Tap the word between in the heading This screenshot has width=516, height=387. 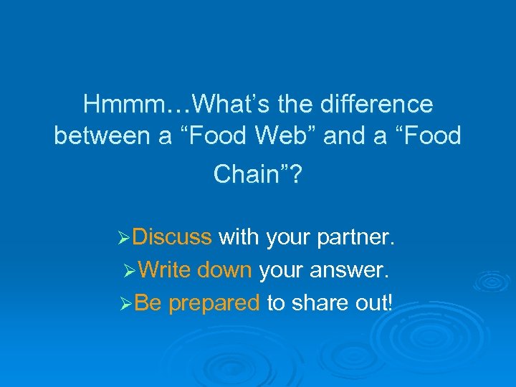(x=100, y=135)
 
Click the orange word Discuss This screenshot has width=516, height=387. (x=172, y=236)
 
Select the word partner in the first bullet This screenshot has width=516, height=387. (x=354, y=236)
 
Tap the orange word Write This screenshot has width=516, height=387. (x=164, y=269)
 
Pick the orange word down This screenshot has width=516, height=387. (x=224, y=269)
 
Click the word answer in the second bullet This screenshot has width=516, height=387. (x=354, y=269)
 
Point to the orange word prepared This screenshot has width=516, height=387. (x=214, y=303)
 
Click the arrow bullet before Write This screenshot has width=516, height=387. (x=130, y=270)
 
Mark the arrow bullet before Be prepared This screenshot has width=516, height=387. (x=125, y=304)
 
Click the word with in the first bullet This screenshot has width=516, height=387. (x=239, y=236)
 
